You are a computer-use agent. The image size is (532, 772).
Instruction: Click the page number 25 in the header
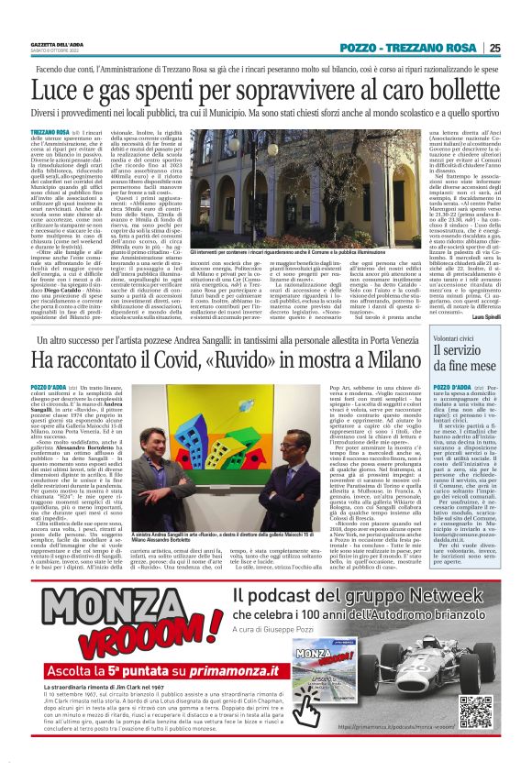coord(494,48)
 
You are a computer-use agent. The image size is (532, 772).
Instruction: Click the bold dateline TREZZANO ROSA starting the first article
coord(50,133)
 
